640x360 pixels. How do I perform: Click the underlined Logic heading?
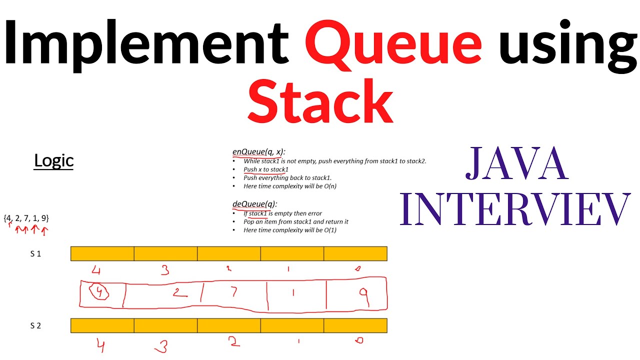(x=53, y=160)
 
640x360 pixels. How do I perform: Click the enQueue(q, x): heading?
(x=259, y=152)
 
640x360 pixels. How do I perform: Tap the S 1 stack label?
(x=35, y=253)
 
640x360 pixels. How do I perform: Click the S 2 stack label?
(x=35, y=325)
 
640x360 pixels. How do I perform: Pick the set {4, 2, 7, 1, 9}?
(x=26, y=218)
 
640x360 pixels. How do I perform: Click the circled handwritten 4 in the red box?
(x=101, y=293)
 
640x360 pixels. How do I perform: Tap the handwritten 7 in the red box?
(x=233, y=292)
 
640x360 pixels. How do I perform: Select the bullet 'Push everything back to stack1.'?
(x=287, y=177)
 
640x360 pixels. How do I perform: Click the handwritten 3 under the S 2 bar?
(x=161, y=345)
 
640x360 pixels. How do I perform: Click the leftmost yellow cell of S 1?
(x=102, y=253)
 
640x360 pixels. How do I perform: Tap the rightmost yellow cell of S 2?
(x=355, y=325)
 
